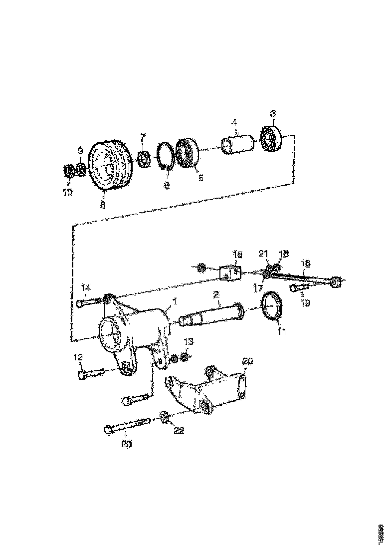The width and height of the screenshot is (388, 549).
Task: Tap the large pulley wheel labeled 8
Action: click(x=109, y=165)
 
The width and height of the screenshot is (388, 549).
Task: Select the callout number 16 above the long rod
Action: click(x=305, y=262)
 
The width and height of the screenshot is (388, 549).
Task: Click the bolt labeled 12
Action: click(x=90, y=373)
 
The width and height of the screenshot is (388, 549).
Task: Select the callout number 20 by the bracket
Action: click(x=248, y=361)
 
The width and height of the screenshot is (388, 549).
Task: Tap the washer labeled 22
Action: click(x=164, y=415)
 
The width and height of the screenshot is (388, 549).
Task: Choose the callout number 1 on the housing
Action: click(x=175, y=301)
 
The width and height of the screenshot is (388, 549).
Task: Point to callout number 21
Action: click(x=264, y=254)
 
